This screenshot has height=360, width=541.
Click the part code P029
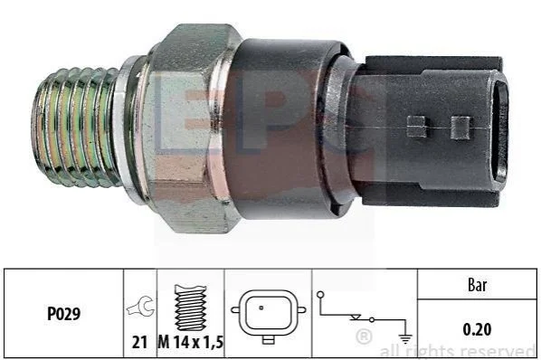(x=64, y=314)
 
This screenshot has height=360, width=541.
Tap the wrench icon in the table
(x=140, y=306)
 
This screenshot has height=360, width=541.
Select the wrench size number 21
(x=139, y=343)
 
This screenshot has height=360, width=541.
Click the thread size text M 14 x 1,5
(x=191, y=343)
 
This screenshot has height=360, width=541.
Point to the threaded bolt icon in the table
(x=191, y=308)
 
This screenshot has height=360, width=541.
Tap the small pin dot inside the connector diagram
(x=261, y=308)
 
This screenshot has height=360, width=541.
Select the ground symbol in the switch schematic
(x=405, y=339)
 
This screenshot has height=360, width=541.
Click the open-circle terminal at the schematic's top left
(x=320, y=295)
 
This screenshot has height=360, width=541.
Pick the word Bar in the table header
(x=478, y=285)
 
